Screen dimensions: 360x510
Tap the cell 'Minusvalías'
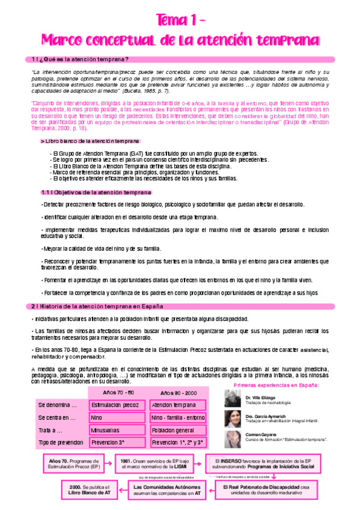tap(115, 431)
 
